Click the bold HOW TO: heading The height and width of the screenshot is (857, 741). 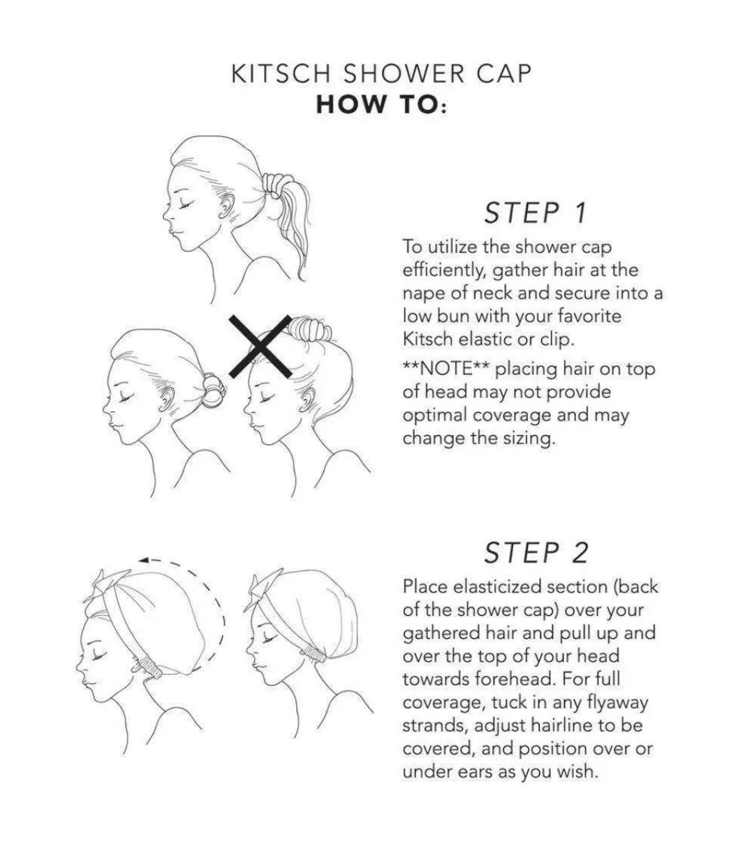click(381, 104)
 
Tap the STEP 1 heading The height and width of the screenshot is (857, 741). click(536, 212)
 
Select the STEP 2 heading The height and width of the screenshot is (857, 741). click(536, 552)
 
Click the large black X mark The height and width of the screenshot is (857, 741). click(260, 346)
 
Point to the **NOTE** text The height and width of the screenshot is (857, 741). click(448, 368)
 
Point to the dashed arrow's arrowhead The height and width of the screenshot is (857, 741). click(144, 560)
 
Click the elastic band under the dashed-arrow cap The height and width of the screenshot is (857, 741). click(149, 667)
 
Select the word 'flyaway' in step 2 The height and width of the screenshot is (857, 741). click(617, 703)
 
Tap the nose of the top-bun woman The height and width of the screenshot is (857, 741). click(247, 408)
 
